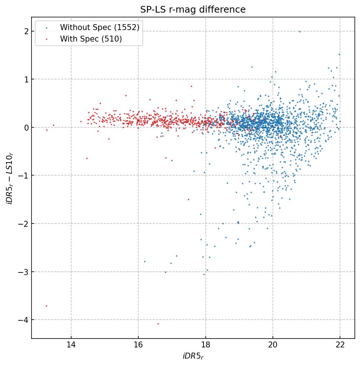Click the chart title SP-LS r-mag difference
click(193, 10)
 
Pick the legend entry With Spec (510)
click(91, 39)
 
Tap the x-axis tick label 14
click(71, 346)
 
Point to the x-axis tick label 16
click(138, 346)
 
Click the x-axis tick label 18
click(205, 346)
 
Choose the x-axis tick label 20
click(273, 346)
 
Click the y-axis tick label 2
click(27, 31)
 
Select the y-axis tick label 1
click(27, 79)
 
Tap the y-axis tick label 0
click(27, 127)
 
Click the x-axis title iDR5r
click(193, 356)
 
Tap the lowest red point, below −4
click(158, 324)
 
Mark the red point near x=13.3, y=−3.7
click(47, 306)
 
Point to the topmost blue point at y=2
click(300, 32)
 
